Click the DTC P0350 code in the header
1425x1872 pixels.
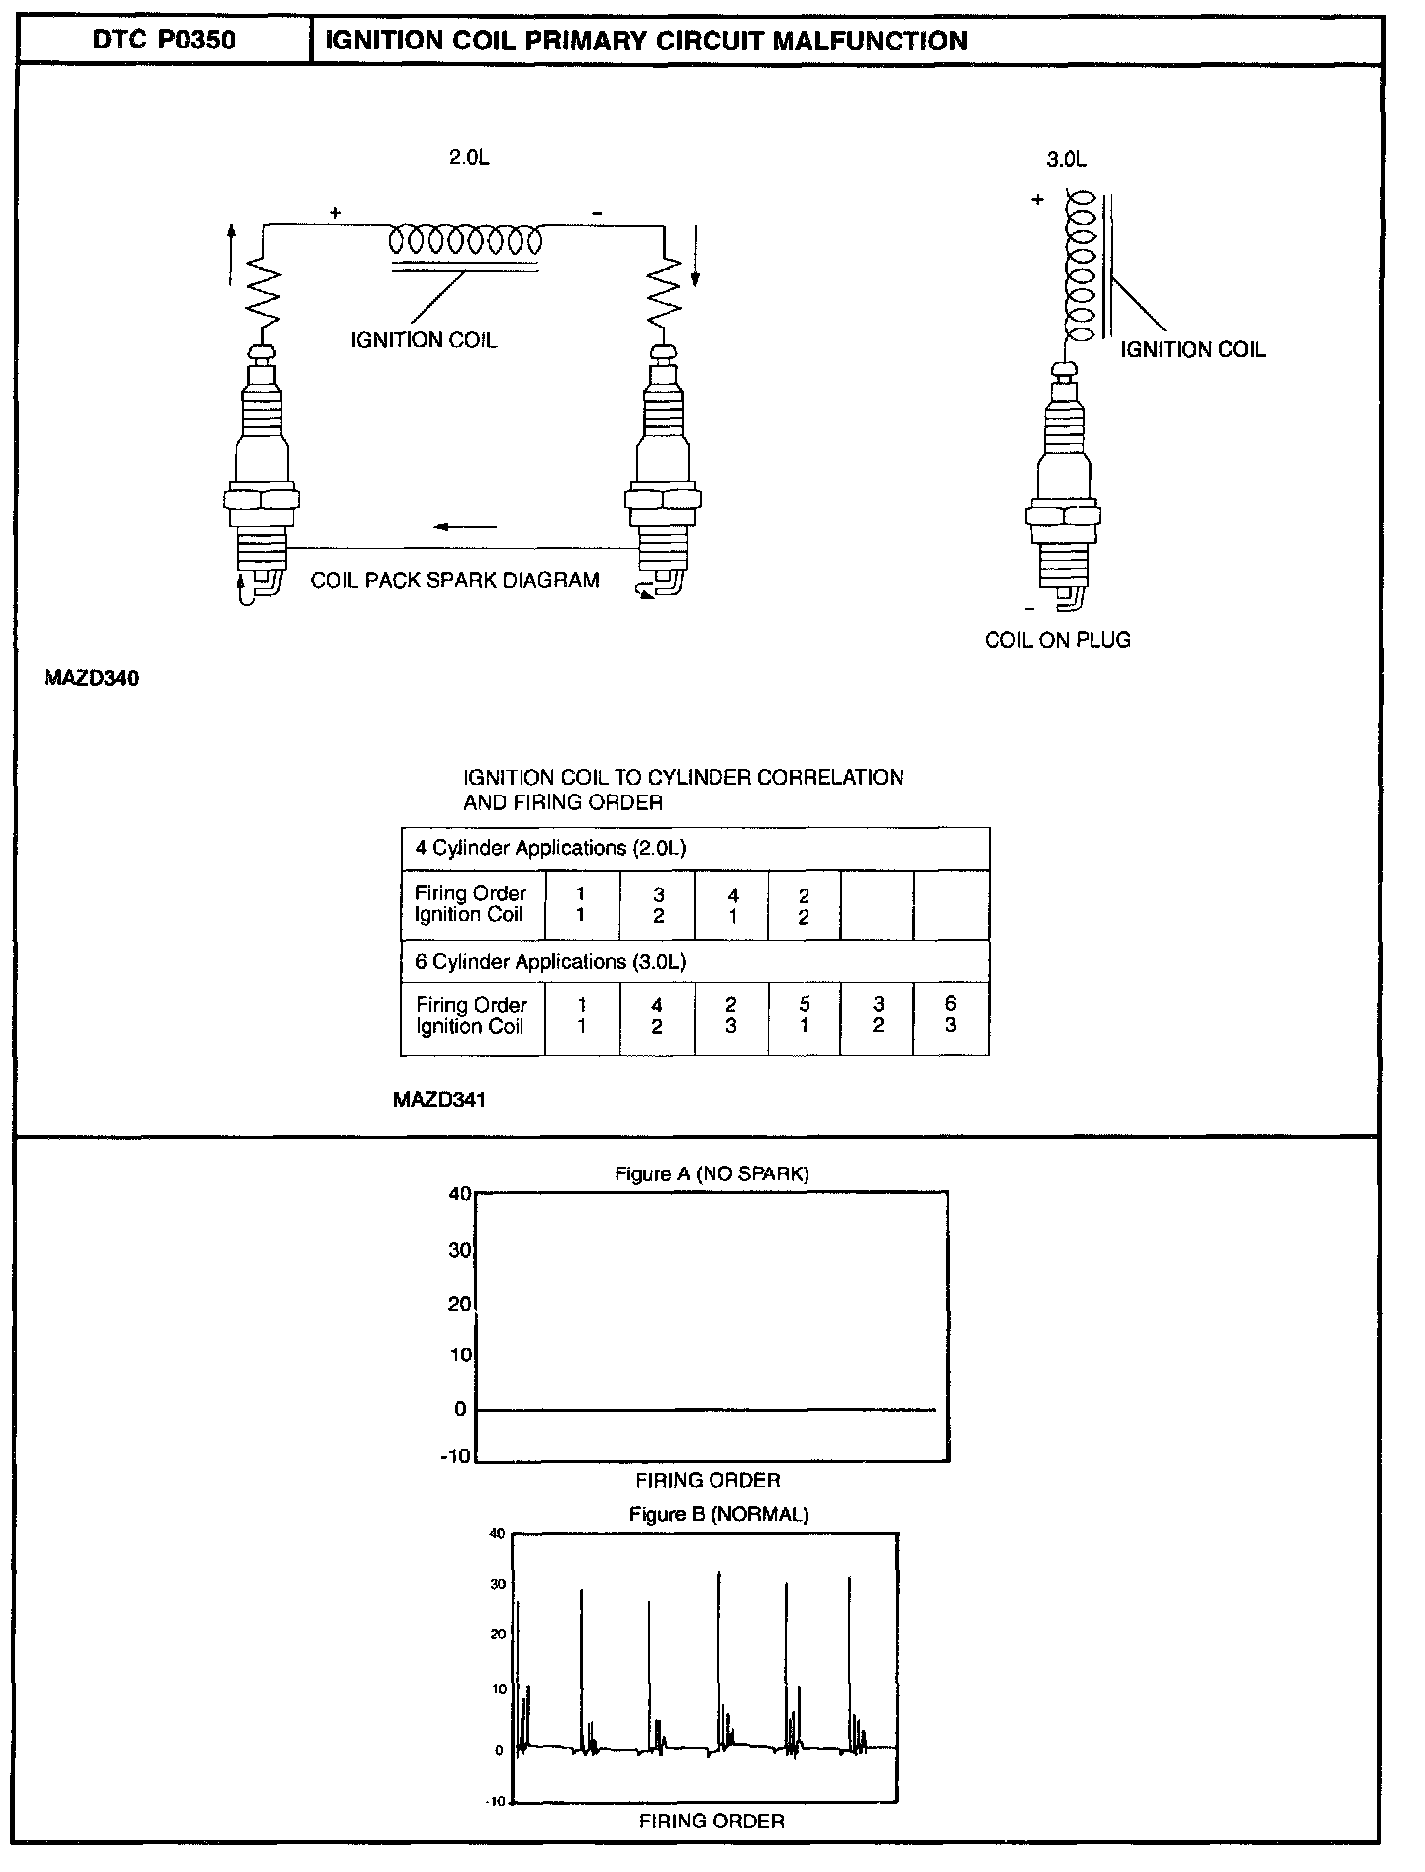(163, 41)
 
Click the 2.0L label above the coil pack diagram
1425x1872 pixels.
(469, 158)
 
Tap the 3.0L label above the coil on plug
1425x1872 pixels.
(1066, 159)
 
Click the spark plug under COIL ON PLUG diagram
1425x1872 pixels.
(1063, 485)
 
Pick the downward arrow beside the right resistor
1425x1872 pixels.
(695, 253)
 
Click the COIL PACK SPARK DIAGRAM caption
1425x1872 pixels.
(454, 581)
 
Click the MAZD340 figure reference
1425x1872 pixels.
(91, 679)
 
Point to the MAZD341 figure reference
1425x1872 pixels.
(439, 1099)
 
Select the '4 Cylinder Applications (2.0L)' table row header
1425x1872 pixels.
(550, 848)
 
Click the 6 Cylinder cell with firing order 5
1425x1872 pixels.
(804, 1016)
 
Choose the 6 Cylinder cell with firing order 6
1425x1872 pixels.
(951, 1016)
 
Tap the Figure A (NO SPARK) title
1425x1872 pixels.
(712, 1173)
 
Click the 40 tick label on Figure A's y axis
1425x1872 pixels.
(459, 1193)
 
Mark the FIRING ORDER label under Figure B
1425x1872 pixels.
(712, 1821)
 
